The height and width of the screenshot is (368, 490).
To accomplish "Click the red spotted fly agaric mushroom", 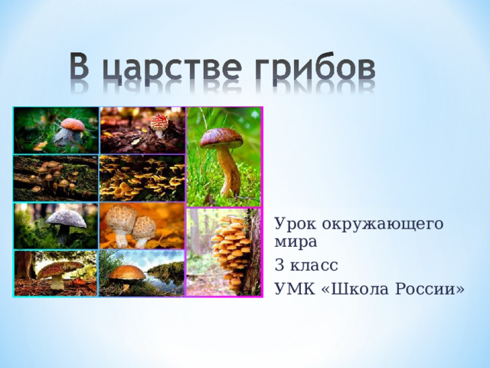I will (x=158, y=122).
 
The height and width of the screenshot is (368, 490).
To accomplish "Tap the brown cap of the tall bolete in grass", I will (x=220, y=138).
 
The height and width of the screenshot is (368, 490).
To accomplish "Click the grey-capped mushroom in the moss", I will (x=67, y=220).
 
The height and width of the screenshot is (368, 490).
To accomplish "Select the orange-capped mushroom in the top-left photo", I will (x=72, y=124).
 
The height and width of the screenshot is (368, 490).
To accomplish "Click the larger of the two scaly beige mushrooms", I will (x=122, y=221).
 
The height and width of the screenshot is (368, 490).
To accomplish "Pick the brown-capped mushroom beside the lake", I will (x=126, y=273).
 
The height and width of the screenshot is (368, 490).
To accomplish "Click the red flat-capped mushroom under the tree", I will (x=59, y=269).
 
